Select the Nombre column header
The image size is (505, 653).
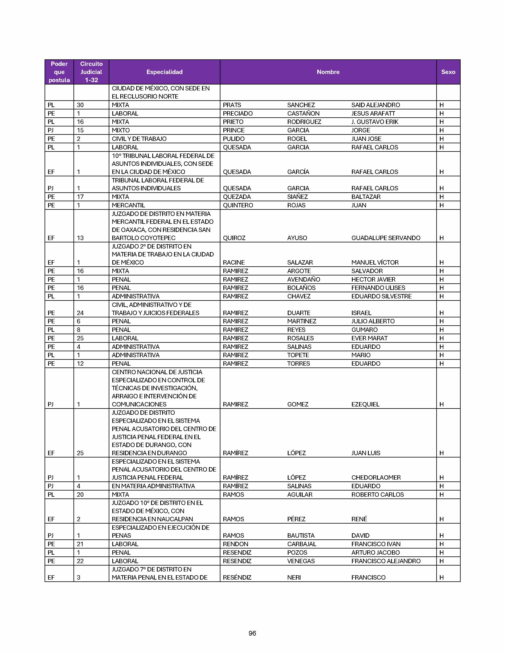[x=328, y=72]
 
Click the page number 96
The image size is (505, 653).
[x=252, y=633]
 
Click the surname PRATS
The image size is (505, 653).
[x=232, y=105]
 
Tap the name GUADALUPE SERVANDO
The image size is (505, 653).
[x=386, y=238]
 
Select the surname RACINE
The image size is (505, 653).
[x=234, y=263]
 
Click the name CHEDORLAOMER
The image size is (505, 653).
[x=376, y=477]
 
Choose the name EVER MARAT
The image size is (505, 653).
[x=369, y=338]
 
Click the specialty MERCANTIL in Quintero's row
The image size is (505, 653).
[x=128, y=205]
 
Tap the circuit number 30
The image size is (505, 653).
[x=80, y=105]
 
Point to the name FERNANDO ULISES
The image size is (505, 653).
[x=378, y=288]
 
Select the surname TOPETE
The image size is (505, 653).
[x=298, y=355]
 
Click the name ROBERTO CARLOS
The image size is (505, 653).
[x=377, y=494]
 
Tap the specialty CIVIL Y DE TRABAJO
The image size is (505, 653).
[x=139, y=139]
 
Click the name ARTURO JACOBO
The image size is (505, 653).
[x=375, y=552]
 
